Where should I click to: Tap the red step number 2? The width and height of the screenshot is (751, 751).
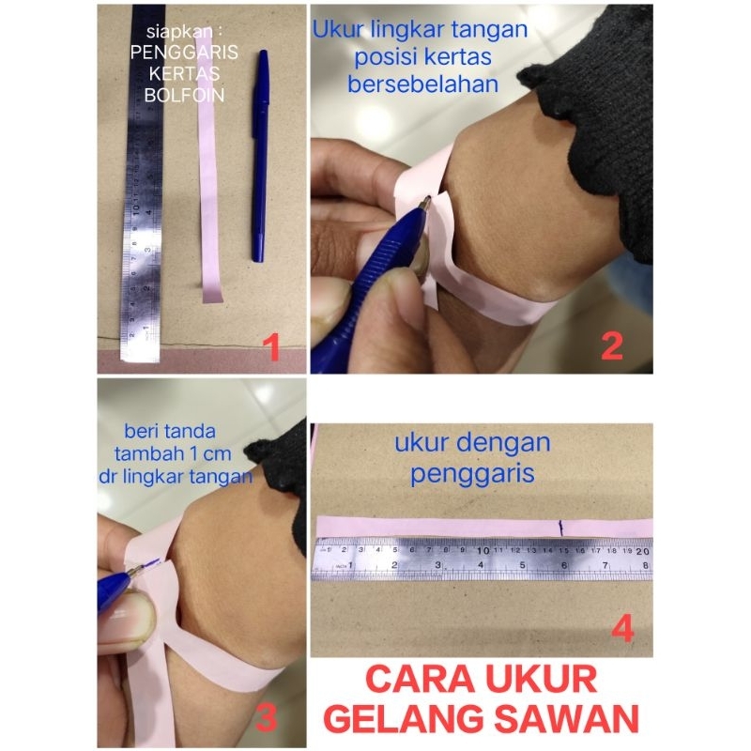point(611,346)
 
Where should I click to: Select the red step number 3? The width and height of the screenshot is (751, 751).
point(266,717)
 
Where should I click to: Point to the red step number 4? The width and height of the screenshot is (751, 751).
point(623,628)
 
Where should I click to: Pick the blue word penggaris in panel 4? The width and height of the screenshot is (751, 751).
point(471,472)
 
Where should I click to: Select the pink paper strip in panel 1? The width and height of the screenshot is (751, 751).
point(208,207)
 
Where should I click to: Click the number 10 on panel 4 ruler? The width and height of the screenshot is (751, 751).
point(484,550)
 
